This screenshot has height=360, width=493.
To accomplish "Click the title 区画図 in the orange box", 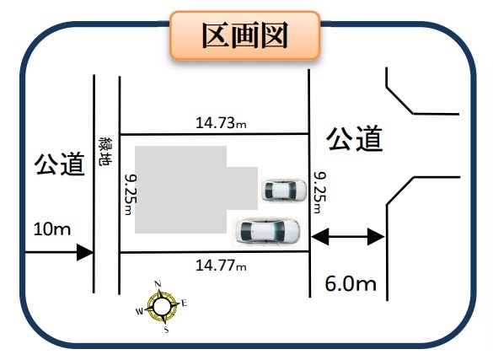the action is [x=245, y=35].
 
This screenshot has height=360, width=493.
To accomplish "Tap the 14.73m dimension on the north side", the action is [x=221, y=122].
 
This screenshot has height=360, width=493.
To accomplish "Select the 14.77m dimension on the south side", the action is [x=221, y=266].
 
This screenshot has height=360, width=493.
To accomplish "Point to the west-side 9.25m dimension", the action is [x=131, y=195].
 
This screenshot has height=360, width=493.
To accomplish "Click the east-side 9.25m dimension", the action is [x=320, y=192].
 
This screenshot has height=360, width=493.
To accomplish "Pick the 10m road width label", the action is [x=52, y=228].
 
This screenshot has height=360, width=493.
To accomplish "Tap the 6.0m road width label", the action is [x=351, y=283].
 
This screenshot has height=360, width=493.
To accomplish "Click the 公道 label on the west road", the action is [x=60, y=164].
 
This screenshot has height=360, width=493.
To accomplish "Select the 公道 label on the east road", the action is [x=354, y=138].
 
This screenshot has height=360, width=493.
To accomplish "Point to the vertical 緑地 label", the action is [x=105, y=151].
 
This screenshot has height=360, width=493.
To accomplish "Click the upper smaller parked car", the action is [x=284, y=190].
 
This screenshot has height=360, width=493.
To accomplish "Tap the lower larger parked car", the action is [x=267, y=231].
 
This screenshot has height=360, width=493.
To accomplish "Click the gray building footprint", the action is [x=189, y=190].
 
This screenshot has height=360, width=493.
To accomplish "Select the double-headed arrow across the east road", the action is [x=348, y=236].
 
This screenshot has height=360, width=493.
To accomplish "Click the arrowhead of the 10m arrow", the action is [x=85, y=252].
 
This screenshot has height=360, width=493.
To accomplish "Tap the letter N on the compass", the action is [x=158, y=284].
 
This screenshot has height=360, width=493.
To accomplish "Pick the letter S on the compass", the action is [x=166, y=330].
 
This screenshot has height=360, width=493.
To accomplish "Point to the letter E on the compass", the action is [x=185, y=304].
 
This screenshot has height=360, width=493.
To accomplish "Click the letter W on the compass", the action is [x=139, y=311].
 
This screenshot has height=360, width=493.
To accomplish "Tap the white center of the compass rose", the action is [x=162, y=307].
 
